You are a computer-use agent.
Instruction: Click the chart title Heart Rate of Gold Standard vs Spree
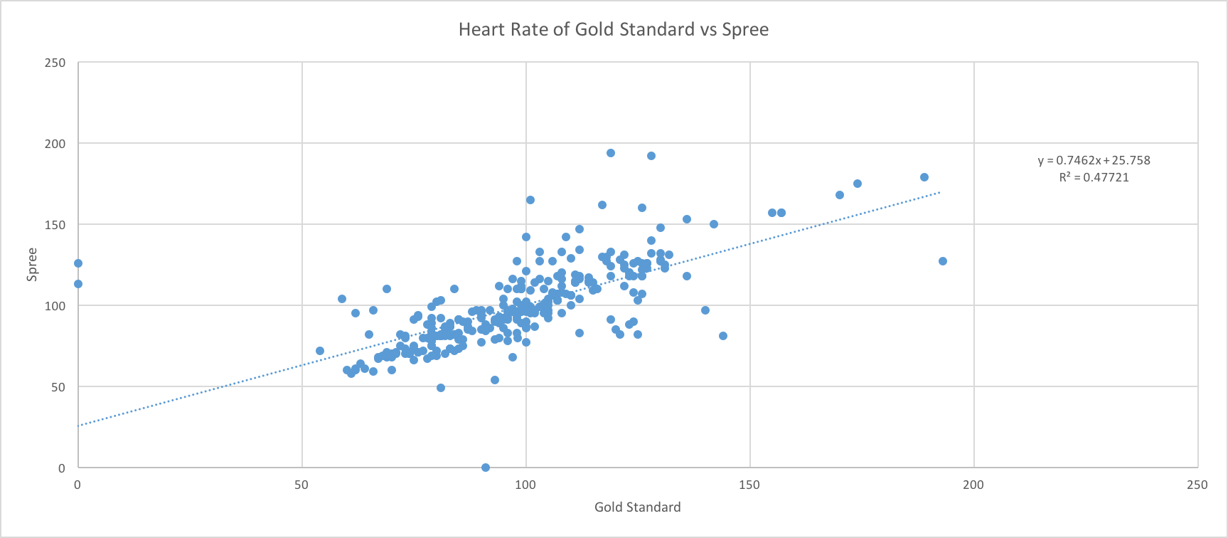click(613, 29)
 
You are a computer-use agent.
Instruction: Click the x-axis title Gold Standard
click(637, 507)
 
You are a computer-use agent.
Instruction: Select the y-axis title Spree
click(32, 265)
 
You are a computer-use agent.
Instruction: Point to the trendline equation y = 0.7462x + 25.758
click(1094, 160)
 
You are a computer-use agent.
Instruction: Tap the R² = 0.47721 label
click(1094, 177)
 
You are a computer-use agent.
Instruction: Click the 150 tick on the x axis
click(749, 485)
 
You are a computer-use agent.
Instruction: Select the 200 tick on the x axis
click(973, 485)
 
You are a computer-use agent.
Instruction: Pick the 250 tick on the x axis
click(1197, 485)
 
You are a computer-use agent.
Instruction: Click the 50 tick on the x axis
click(301, 485)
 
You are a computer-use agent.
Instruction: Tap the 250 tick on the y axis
click(55, 63)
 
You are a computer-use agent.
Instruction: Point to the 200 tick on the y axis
click(55, 144)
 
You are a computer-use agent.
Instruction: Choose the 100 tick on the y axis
click(55, 306)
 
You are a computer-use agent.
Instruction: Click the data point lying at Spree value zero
click(486, 468)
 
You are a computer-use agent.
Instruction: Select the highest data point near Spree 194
click(611, 153)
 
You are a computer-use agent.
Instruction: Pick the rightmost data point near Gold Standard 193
click(943, 261)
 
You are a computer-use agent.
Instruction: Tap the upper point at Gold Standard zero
click(78, 263)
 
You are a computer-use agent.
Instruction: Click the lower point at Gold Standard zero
click(78, 284)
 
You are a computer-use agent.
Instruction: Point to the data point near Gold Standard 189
click(924, 177)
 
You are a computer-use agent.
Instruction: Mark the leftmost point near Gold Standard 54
click(320, 351)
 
